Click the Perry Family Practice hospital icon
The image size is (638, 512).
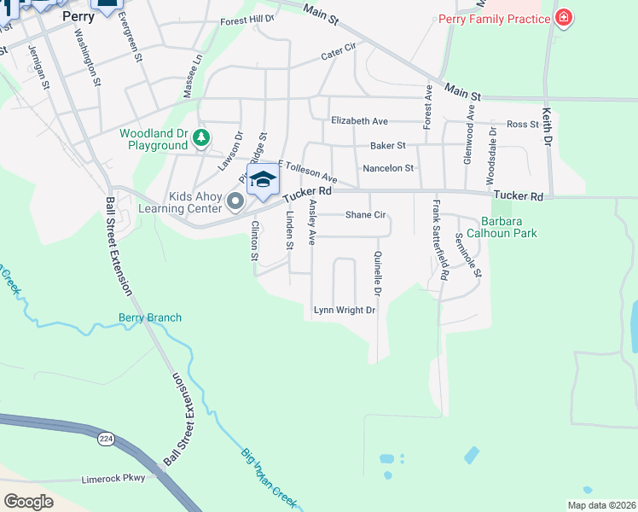[562, 18]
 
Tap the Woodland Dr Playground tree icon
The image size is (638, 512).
[200, 137]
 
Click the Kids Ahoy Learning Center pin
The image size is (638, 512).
[236, 201]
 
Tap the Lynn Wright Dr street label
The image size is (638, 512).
[345, 311]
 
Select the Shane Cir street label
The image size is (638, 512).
[366, 215]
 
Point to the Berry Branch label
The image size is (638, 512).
[149, 318]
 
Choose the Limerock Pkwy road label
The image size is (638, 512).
[113, 479]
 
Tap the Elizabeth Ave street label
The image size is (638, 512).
[359, 121]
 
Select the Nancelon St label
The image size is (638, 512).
[387, 169]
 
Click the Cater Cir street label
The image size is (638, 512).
[338, 55]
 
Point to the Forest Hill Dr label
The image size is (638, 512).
[246, 20]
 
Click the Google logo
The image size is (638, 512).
[29, 502]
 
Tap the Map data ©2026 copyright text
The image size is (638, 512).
[600, 505]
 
